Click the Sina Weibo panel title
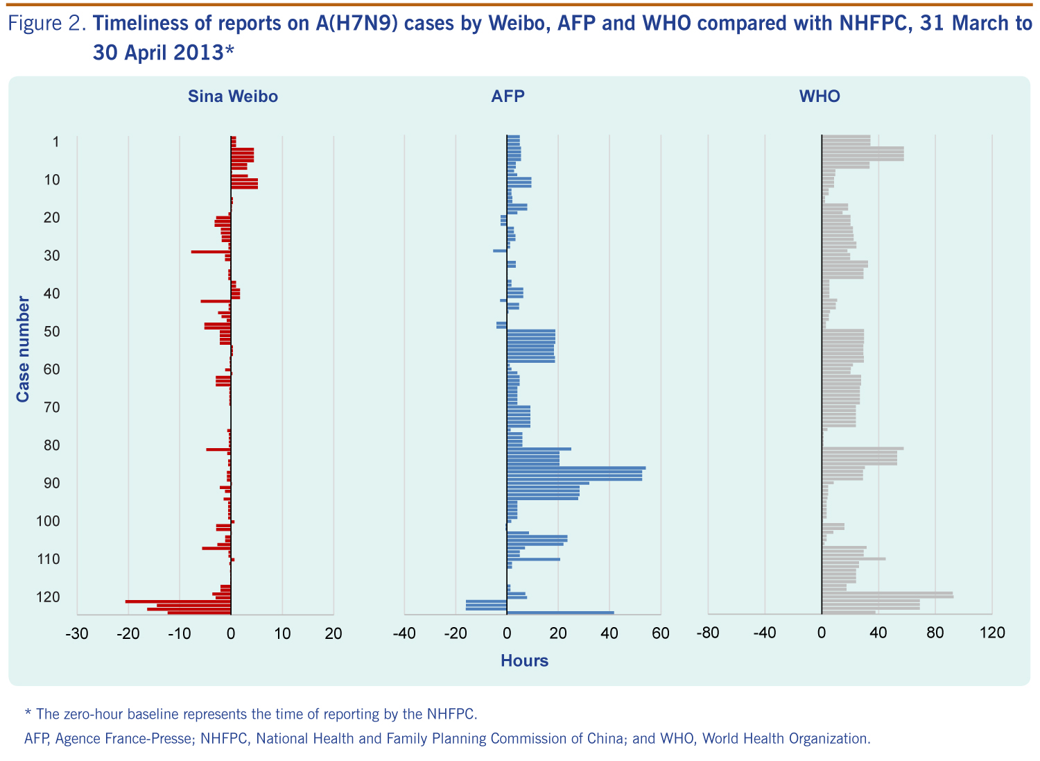tap(233, 96)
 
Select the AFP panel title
tap(508, 96)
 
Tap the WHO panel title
tap(820, 96)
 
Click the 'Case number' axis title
tap(23, 349)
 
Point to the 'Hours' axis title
tap(524, 660)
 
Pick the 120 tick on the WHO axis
tap(991, 633)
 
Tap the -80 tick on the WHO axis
tap(708, 633)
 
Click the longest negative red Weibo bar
tap(178, 601)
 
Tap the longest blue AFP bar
tap(576, 468)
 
